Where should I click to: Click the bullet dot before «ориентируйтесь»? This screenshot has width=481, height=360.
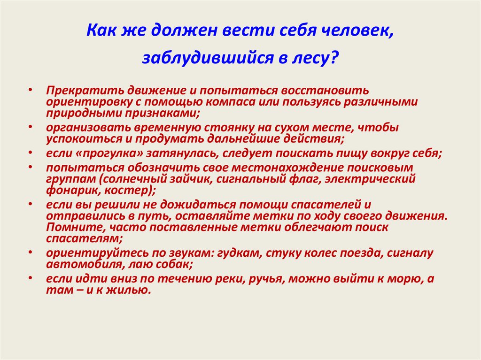30,252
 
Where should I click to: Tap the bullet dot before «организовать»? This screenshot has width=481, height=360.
30,126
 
